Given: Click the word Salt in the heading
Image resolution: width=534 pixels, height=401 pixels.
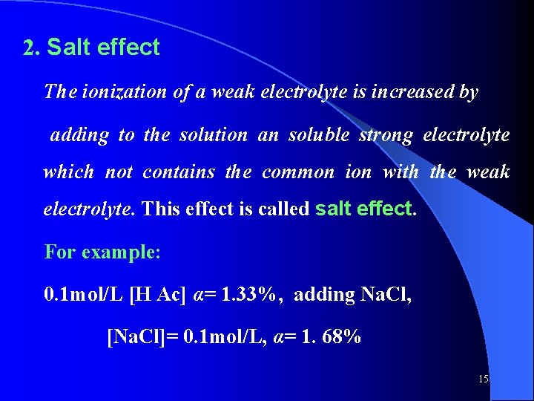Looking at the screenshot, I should coord(69,48).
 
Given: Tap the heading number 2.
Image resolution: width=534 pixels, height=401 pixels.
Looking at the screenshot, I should coord(30,49).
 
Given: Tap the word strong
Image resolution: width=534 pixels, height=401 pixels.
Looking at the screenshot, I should coord(386,135).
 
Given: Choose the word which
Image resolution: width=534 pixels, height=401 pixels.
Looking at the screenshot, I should coord(69,172).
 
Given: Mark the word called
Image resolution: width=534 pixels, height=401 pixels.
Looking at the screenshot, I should coord(283,209).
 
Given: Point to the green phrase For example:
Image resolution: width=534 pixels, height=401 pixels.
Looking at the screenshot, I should coord(102,251).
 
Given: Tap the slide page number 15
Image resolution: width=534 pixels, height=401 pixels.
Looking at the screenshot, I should coord(483,379).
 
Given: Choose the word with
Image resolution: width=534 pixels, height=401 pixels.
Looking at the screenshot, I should coord(400,172).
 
